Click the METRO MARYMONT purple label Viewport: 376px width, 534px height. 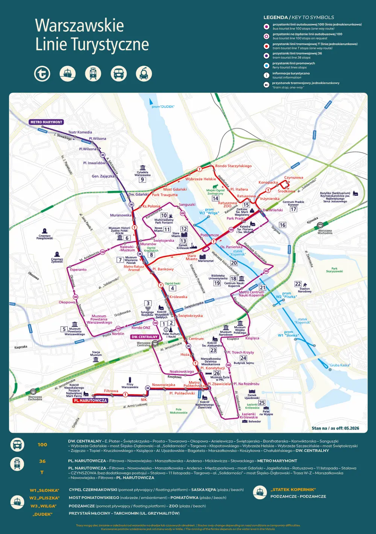coord(46,122)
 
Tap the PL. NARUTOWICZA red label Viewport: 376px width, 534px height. coord(90,401)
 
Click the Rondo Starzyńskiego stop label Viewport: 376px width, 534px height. coord(233,166)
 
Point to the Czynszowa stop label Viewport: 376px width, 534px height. coord(294,177)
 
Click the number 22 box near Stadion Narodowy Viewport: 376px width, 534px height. coord(298,284)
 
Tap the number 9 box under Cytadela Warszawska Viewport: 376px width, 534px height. coord(142,180)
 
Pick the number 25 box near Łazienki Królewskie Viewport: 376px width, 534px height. coord(262,403)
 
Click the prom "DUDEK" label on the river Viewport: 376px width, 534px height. coord(163,107)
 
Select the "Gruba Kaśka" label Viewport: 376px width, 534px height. coord(340,365)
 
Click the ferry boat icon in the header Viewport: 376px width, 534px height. coord(68,73)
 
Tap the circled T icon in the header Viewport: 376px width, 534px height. coord(42,73)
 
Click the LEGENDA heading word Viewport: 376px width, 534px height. coord(275,17)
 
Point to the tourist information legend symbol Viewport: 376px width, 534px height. coord(266,75)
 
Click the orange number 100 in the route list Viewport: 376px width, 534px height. coord(42,445)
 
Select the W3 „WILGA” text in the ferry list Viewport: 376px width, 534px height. coord(44,506)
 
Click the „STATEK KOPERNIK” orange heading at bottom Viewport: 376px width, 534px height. coord(293,490)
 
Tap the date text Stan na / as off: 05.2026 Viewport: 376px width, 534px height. coord(335,428)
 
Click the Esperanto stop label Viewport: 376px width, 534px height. coord(78,270)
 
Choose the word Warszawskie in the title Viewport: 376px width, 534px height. coord(79,26)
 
